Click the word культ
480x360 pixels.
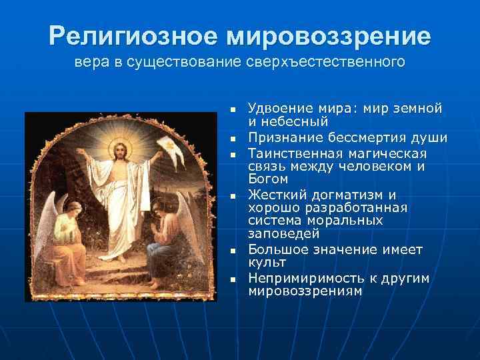coord(267,263)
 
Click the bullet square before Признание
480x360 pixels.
coord(233,139)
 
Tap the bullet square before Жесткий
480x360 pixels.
coord(233,197)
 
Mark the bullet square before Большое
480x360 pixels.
coord(233,251)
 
